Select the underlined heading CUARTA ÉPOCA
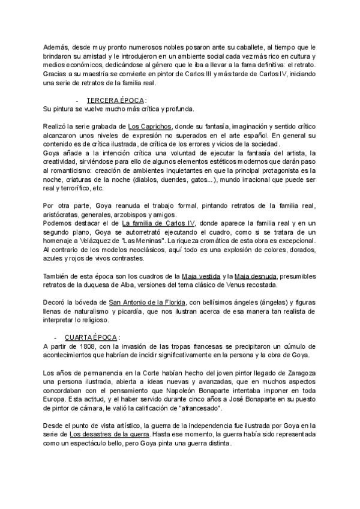pyautogui.click(x=91, y=337)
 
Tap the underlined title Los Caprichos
pyautogui.click(x=151, y=127)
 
